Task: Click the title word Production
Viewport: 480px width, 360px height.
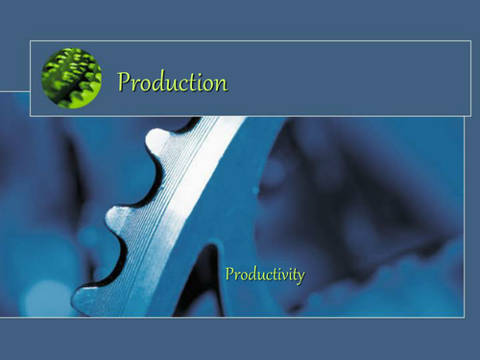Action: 172,84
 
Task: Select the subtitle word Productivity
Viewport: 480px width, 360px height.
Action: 264,276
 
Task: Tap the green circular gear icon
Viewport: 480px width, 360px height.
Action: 72,78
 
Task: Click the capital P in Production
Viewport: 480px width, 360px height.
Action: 124,83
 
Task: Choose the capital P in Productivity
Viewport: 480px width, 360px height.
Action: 229,275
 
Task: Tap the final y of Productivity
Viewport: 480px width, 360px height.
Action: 300,277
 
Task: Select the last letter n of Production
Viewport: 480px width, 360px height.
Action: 221,84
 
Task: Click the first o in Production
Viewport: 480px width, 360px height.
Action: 144,84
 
